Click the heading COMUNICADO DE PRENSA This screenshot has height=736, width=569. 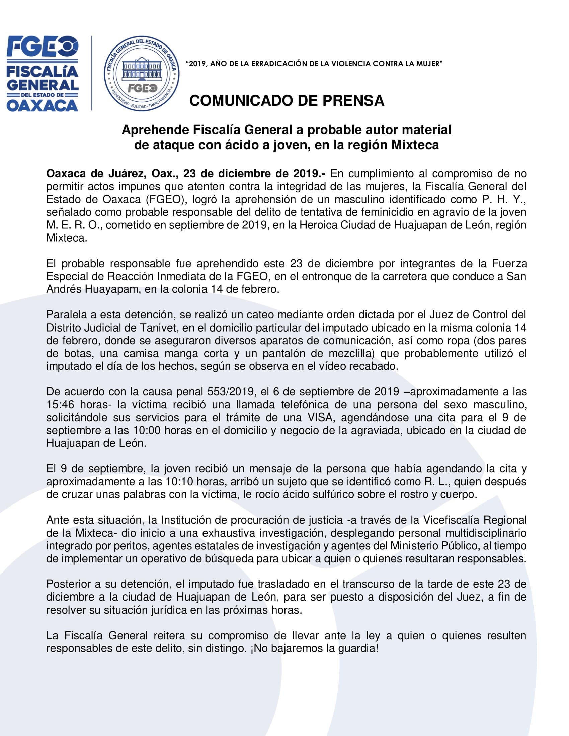point(287,100)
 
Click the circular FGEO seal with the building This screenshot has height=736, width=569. point(142,74)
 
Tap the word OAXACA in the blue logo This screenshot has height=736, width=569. point(43,106)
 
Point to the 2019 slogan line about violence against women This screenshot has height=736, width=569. point(314,63)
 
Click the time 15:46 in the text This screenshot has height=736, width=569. point(60,404)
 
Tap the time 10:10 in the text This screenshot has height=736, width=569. point(179,481)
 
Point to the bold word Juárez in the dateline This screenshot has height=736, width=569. point(126,174)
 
